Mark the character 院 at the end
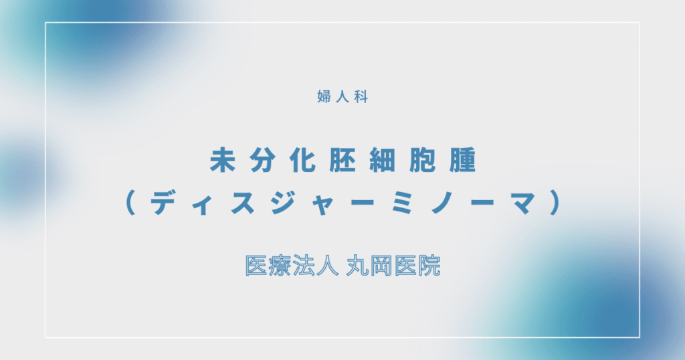(429, 266)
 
